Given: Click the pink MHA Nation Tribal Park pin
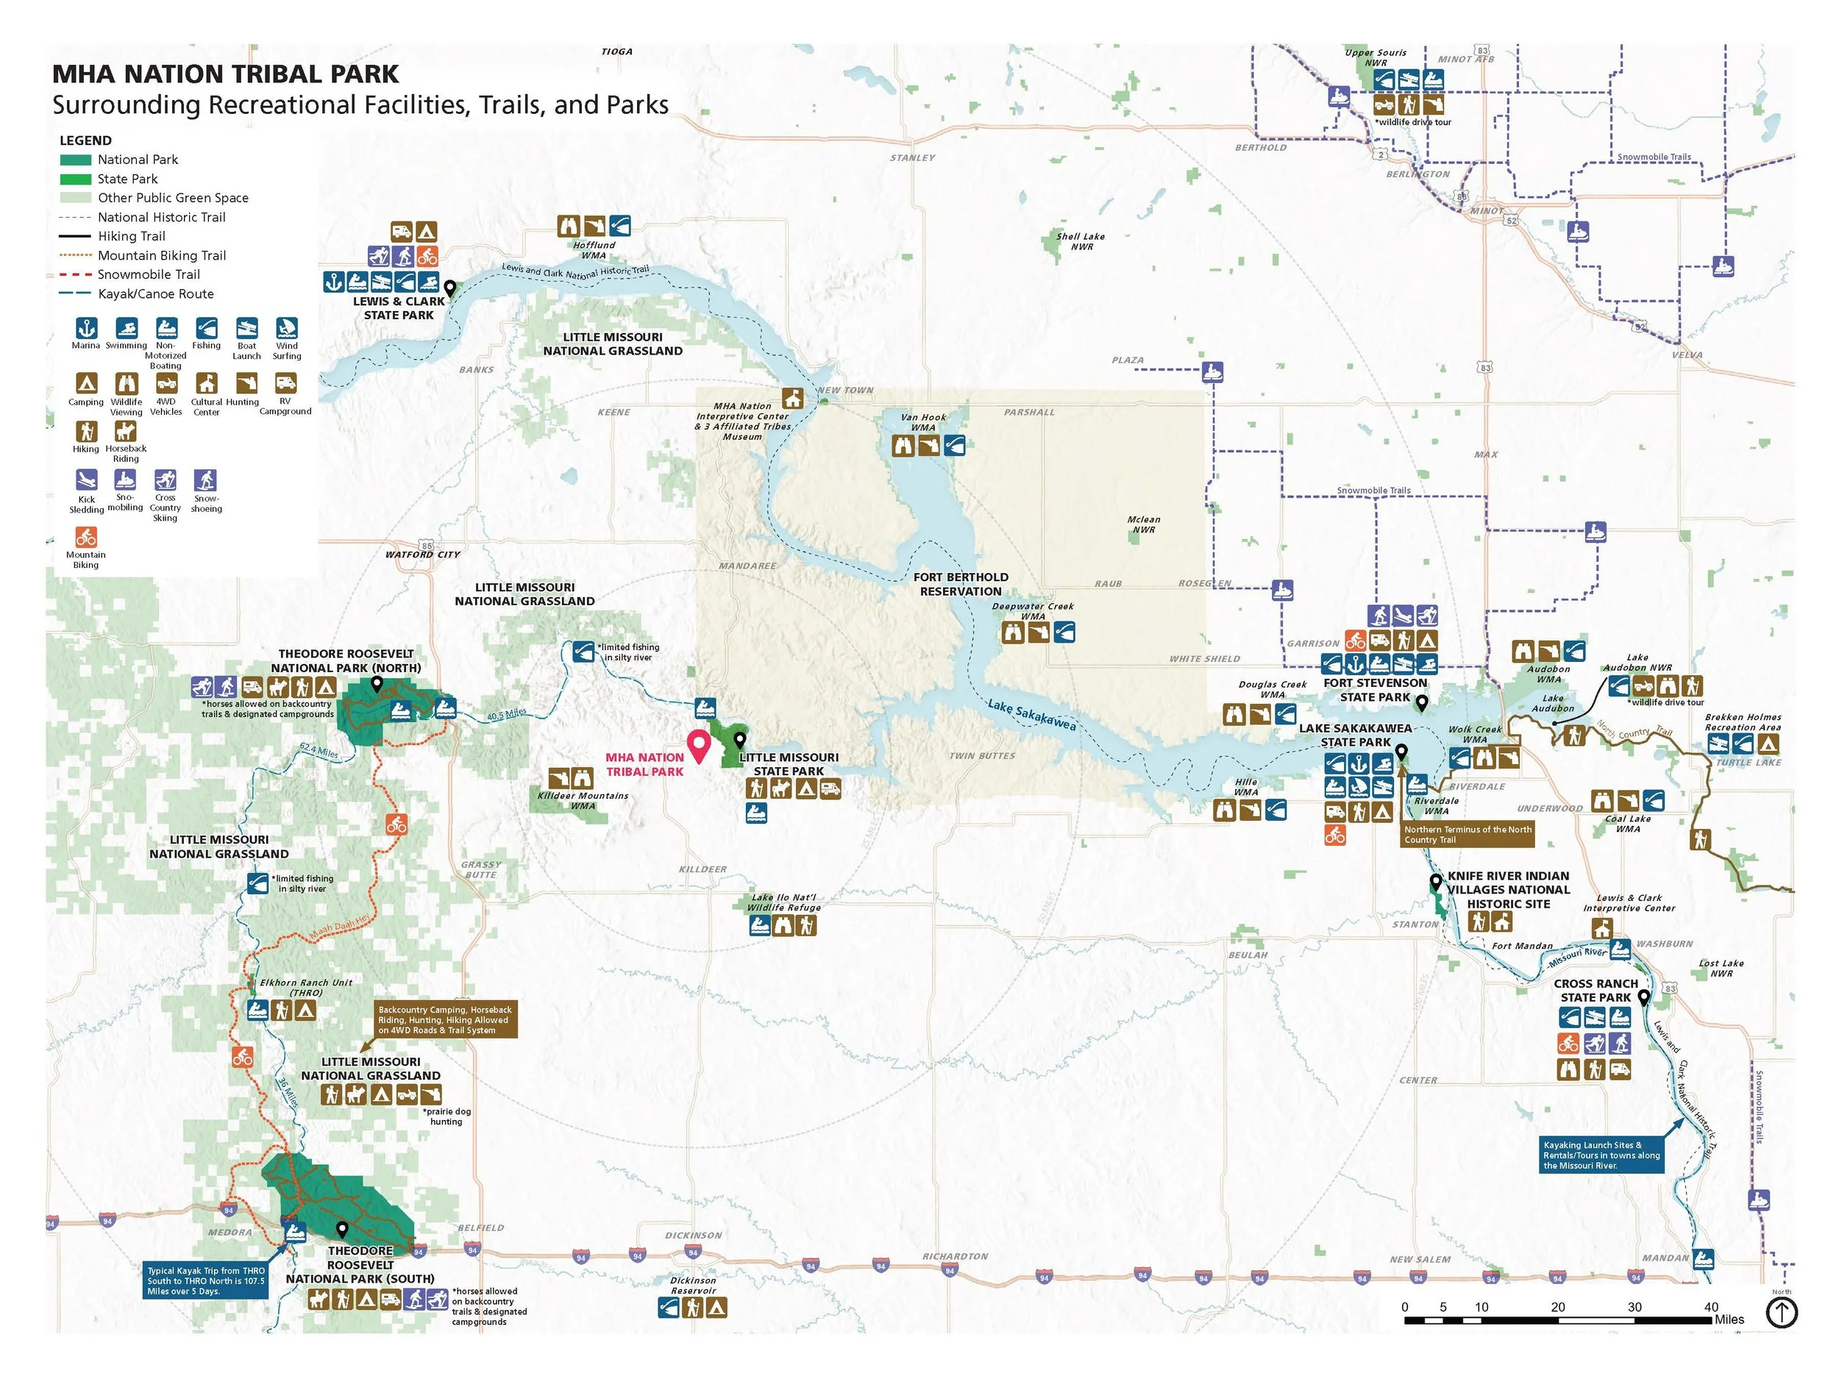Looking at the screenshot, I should (x=699, y=745).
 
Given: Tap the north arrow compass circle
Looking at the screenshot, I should (x=1781, y=1314).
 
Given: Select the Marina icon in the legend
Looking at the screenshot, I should (x=85, y=327).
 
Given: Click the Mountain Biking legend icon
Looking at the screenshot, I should (x=85, y=537).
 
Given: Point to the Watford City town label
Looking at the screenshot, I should (x=422, y=555).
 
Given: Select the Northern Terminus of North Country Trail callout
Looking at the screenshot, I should (x=1468, y=835).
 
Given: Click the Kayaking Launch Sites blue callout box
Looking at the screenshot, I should (x=1601, y=1155).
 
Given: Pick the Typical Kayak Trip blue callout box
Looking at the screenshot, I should (x=205, y=1281).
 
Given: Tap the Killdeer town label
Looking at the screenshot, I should (x=702, y=869).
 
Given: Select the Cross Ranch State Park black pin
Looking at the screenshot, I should (x=1643, y=997).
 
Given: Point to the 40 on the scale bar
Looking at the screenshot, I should (x=1711, y=1307).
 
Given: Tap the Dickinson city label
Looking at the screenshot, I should (x=694, y=1235).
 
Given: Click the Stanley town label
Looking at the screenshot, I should (x=912, y=158).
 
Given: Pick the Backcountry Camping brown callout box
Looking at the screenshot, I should (x=446, y=1019).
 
